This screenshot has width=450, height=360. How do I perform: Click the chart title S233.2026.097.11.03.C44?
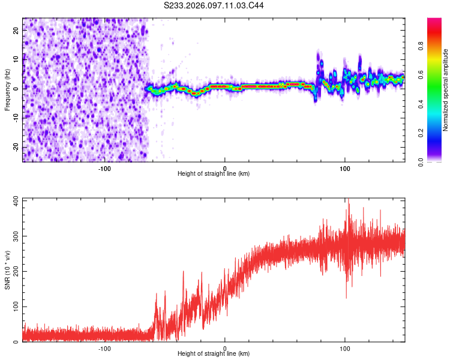tap(214, 5)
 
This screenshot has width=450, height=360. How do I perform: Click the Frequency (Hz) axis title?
tap(7, 89)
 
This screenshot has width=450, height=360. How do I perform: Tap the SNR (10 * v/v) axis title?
tap(7, 270)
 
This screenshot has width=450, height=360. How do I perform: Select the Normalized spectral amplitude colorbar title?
tap(446, 90)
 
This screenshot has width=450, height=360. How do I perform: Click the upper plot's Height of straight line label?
tap(214, 174)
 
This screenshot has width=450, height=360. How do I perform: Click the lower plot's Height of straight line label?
tap(214, 354)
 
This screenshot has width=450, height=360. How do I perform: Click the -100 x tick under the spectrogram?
tap(104, 167)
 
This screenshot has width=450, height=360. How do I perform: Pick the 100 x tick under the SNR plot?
tap(345, 347)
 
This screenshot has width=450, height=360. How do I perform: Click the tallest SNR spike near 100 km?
tap(347, 200)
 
